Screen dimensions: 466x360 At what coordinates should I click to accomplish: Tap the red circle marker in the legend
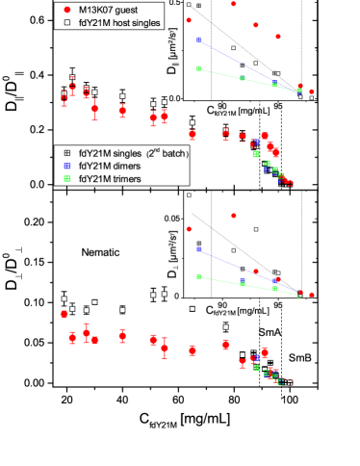click(66, 8)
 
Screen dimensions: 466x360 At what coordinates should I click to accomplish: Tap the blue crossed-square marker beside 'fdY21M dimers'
click(66, 166)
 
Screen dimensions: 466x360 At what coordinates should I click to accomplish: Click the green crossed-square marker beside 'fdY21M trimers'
click(66, 179)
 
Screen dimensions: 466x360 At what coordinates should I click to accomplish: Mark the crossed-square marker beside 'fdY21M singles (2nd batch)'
click(66, 153)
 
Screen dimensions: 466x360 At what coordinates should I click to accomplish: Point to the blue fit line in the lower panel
click(245, 270)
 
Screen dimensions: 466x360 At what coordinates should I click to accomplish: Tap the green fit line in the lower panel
click(245, 285)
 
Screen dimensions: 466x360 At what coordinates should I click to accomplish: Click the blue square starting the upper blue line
click(198, 40)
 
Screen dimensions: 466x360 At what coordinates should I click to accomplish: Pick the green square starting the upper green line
click(198, 69)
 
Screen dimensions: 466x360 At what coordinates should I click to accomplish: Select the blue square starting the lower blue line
click(198, 249)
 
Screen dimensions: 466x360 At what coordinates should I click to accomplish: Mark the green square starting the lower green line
click(198, 277)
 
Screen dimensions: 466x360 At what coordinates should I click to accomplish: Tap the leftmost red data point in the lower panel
click(64, 313)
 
